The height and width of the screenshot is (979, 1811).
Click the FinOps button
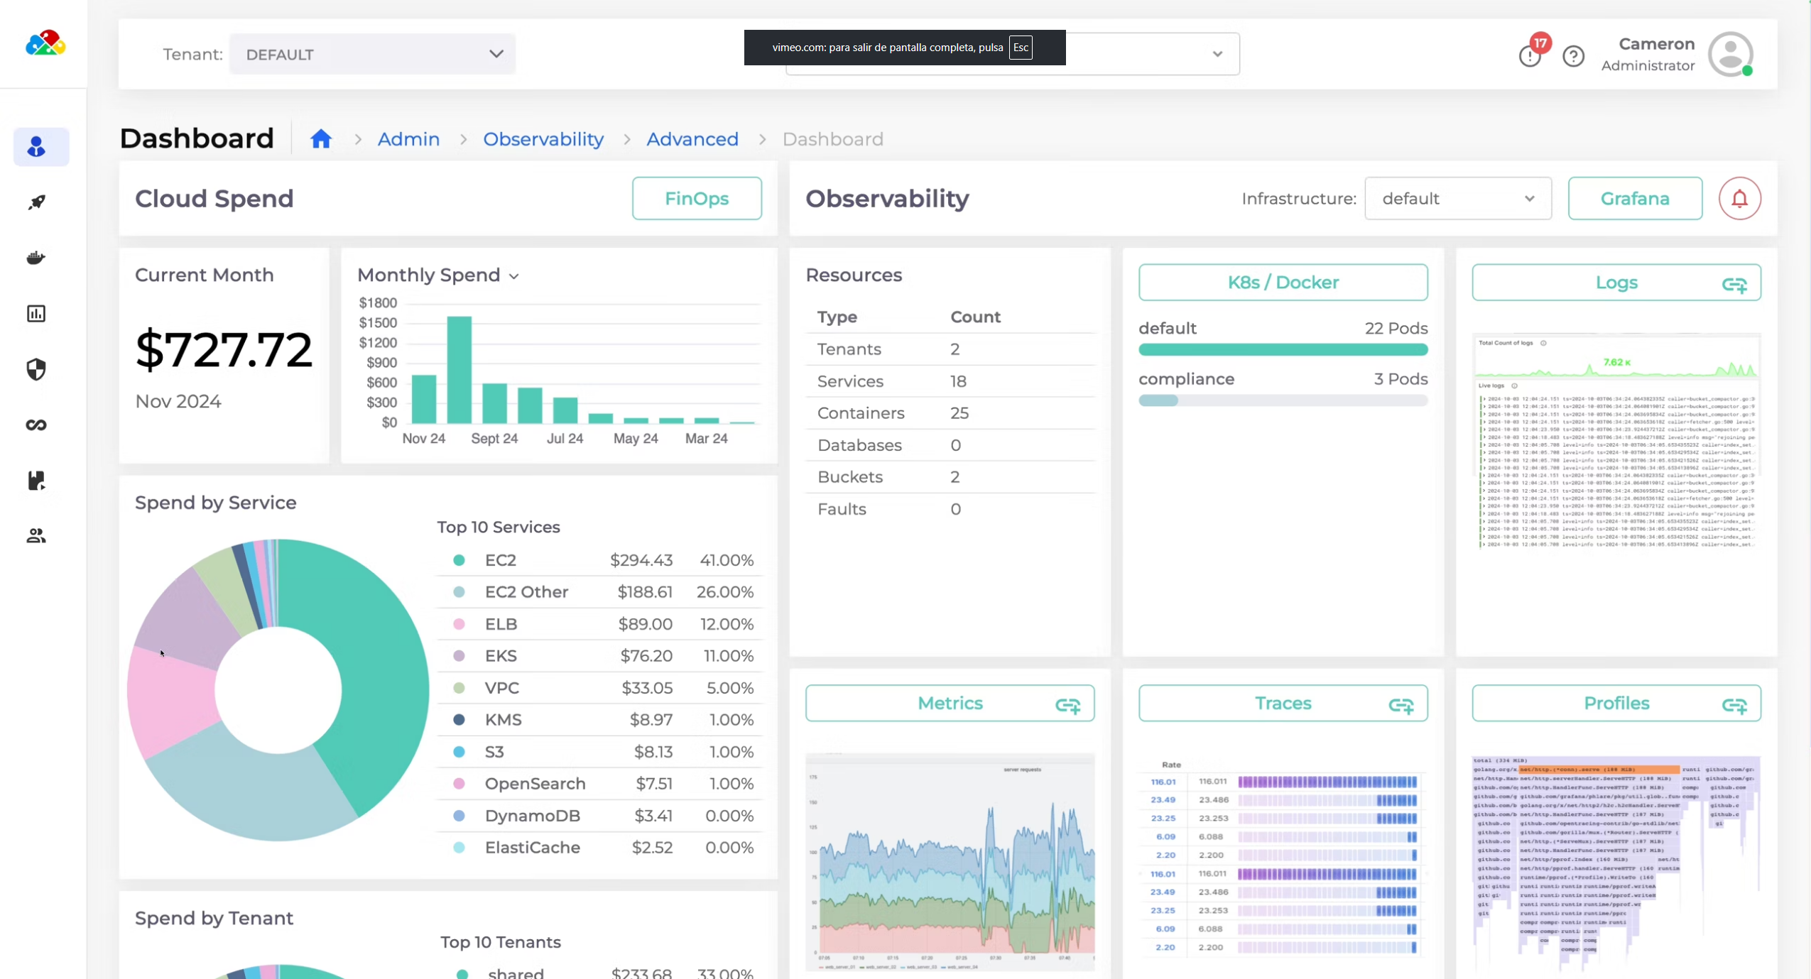coord(696,199)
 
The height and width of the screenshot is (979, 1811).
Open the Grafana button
coord(1634,199)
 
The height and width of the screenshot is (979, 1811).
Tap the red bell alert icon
coord(1739,199)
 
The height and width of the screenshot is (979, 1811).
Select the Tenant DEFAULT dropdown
coord(372,55)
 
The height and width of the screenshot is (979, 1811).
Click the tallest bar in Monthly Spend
coord(459,369)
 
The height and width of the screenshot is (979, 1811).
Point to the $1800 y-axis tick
coord(377,303)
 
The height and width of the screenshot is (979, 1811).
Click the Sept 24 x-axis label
coord(494,439)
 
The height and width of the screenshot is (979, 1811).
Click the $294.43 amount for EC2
coord(641,560)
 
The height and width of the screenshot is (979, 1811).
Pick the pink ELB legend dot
coord(459,624)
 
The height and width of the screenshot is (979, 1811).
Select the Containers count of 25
coord(959,413)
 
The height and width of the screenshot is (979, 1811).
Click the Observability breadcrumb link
coord(543,139)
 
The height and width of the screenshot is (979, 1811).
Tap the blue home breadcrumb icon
coord(321,139)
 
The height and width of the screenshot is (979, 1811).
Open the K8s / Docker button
coord(1283,283)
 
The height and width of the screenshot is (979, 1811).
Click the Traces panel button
coord(1283,704)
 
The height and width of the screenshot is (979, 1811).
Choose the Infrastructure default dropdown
coord(1457,199)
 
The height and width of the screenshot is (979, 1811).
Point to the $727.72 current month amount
coord(224,350)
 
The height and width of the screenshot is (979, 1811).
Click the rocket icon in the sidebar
coord(36,202)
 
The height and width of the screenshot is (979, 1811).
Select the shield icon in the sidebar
coord(36,369)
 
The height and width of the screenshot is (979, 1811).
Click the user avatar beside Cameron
coord(1730,54)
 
